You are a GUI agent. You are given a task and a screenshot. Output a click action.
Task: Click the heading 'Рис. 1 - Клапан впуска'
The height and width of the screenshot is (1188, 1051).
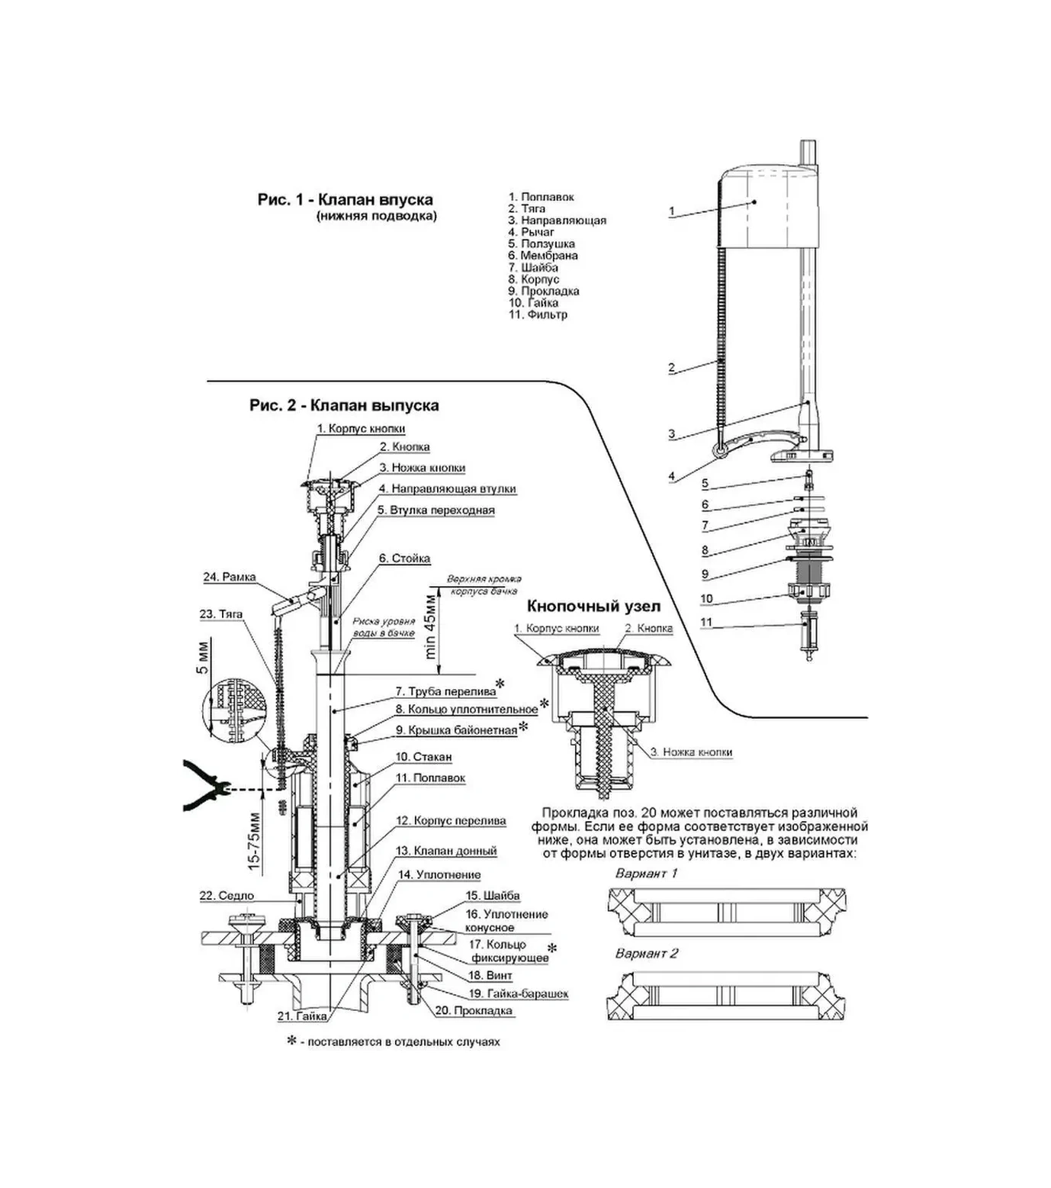click(x=345, y=200)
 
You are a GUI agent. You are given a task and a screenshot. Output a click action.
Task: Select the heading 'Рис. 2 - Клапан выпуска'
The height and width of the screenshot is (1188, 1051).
click(x=344, y=405)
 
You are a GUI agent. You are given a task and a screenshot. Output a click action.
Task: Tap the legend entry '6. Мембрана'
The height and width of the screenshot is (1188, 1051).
click(x=543, y=256)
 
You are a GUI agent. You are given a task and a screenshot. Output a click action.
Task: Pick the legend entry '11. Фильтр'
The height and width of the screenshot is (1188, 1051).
click(x=538, y=314)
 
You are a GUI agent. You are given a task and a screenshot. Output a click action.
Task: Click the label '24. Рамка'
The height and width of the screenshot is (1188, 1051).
click(x=230, y=578)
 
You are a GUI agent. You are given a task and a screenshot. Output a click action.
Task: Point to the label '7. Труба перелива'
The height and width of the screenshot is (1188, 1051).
click(x=445, y=692)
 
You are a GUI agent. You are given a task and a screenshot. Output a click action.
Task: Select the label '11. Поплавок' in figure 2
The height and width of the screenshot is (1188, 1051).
click(x=430, y=778)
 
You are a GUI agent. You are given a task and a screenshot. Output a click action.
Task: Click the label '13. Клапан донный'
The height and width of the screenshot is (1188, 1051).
click(x=446, y=851)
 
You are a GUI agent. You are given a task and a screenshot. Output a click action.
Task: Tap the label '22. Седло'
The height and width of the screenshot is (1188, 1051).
click(x=227, y=896)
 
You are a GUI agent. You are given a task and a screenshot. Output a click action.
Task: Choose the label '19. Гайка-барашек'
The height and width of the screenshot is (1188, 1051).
click(x=518, y=993)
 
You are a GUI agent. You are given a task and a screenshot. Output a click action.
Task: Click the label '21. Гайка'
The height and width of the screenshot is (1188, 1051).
click(x=302, y=1016)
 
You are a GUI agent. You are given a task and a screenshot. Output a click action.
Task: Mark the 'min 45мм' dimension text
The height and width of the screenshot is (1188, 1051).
click(x=431, y=626)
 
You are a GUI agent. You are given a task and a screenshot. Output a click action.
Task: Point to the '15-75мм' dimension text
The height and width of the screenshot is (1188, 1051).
click(x=254, y=840)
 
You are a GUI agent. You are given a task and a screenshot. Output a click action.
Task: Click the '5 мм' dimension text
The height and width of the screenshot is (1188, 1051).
click(x=202, y=658)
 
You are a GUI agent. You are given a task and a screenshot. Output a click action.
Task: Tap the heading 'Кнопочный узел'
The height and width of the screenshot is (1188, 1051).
click(x=593, y=607)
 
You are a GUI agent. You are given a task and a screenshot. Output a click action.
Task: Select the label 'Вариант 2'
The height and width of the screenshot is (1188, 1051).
click(x=646, y=954)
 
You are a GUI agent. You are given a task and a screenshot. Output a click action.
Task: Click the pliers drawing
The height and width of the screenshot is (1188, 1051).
click(x=204, y=786)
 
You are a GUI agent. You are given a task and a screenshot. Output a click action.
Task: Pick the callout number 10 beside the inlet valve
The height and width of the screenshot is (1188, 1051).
click(x=706, y=599)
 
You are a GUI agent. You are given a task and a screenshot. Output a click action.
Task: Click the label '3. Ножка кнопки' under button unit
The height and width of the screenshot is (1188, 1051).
click(x=691, y=752)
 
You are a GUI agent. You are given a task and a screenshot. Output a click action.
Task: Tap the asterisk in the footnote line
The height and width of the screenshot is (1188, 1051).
click(x=291, y=1040)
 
